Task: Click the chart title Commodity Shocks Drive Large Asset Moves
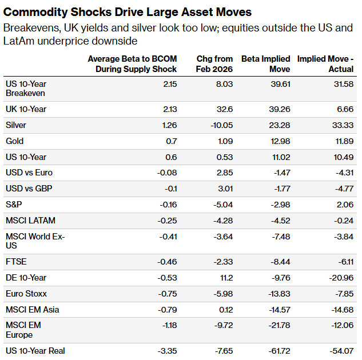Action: (128, 11)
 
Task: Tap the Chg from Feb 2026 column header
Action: (215, 64)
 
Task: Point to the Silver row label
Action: (16, 125)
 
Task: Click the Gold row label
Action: (14, 141)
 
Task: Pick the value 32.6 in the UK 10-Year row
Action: (225, 109)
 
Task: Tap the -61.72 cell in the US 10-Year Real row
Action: (279, 350)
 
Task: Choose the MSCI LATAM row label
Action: (30, 221)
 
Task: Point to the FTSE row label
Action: (16, 262)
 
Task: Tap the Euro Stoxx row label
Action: (26, 294)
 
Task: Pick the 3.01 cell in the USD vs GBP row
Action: (225, 189)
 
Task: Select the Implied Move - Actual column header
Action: (325, 64)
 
